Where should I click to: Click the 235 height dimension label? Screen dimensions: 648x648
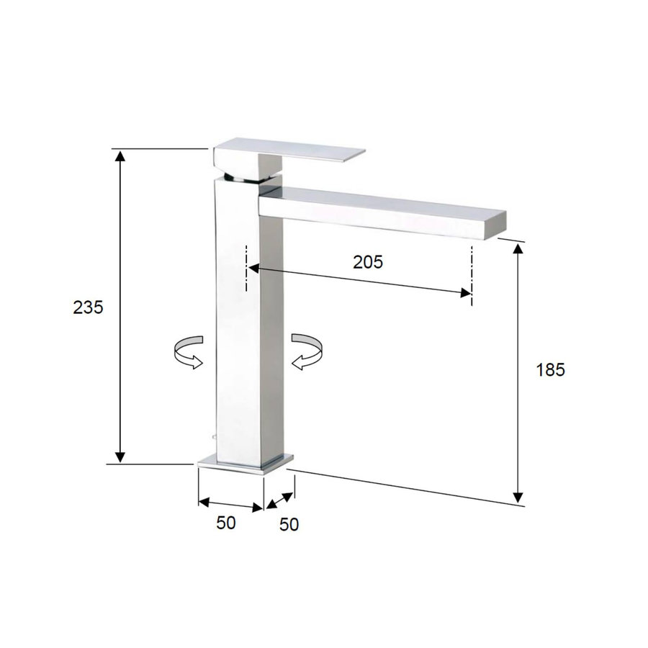89,307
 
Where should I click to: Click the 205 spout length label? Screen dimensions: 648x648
368,262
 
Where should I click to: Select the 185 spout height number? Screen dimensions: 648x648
551,370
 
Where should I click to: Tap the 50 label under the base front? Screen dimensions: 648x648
226,523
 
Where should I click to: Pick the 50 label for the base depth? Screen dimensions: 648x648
289,525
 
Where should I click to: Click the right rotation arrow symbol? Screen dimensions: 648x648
307,351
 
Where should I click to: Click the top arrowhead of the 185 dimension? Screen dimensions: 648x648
518,248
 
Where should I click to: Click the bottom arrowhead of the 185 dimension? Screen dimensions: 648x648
518,497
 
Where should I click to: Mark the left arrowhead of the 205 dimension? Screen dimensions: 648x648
253,269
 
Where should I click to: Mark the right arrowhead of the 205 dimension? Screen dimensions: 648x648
467,292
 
